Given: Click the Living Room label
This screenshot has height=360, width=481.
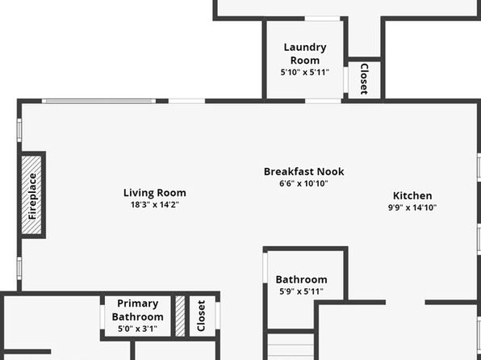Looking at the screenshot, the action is [155, 193].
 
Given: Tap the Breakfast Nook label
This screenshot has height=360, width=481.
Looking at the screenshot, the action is [303, 172].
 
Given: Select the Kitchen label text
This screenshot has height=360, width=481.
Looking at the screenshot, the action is [412, 196].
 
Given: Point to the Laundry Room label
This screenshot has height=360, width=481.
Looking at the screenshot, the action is [304, 54].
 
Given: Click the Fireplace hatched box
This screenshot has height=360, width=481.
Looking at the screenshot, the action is [31, 195].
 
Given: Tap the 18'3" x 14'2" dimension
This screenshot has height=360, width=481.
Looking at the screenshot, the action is [155, 205].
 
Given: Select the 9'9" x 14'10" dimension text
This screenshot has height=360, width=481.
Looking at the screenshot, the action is [412, 207].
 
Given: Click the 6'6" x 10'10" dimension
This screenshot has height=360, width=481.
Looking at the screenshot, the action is [303, 183].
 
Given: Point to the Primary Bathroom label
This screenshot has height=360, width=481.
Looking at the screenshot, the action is [138, 310].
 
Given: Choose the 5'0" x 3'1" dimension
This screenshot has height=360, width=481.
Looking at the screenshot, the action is [138, 329].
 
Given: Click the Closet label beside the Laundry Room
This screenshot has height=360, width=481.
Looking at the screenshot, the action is [364, 79].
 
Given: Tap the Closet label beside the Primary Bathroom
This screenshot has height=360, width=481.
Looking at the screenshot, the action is [201, 316].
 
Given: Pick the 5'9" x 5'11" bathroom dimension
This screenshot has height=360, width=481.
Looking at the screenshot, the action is [301, 291].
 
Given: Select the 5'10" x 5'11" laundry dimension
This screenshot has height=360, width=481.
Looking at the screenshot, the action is [304, 73].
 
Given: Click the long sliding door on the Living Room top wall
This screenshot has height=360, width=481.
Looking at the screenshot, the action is [98, 101].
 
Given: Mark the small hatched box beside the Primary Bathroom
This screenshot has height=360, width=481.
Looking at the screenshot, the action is [180, 316].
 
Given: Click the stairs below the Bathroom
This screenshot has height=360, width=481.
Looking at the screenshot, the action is [291, 347].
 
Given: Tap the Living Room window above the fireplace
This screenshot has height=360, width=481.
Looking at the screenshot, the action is [19, 131].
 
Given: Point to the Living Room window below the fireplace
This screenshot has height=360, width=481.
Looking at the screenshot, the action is [19, 269].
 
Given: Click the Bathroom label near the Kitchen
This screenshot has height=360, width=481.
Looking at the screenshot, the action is [301, 279].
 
